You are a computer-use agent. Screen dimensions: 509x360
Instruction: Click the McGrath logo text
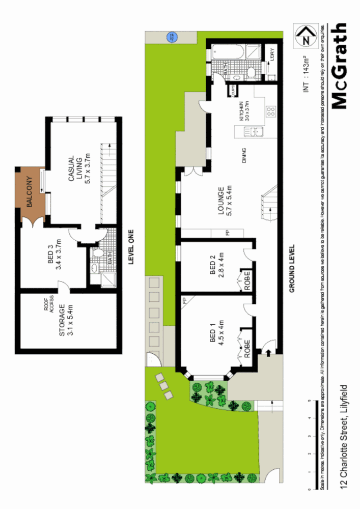340,66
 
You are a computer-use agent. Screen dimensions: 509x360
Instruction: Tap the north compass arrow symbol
306,37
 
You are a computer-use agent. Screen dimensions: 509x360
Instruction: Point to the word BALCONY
30,192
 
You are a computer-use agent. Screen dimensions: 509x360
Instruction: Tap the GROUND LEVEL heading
292,269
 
